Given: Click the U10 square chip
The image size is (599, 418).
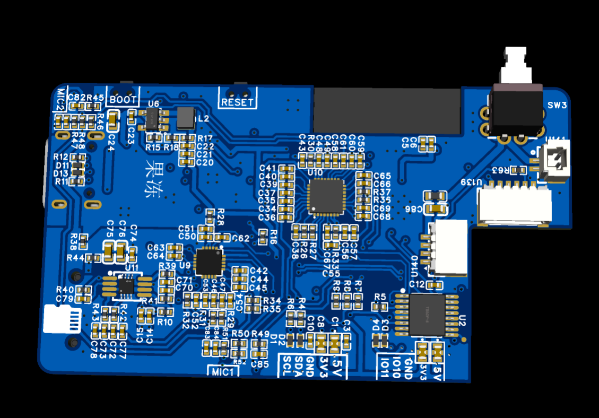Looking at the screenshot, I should point(326,196).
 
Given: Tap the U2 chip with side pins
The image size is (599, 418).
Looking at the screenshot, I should point(427,314).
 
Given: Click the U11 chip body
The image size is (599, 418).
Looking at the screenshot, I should point(126,286).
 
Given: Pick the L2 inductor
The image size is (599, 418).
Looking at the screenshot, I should point(186,118).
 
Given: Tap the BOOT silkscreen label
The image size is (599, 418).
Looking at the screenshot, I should point(123,99).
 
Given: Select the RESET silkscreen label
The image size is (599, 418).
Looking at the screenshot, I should point(237,102).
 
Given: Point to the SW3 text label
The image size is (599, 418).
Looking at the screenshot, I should point(557,106).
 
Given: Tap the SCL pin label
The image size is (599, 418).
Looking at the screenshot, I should point(287,367).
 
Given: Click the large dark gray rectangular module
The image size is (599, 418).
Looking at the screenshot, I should point(387,111).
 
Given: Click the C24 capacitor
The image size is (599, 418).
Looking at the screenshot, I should point(113,123).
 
